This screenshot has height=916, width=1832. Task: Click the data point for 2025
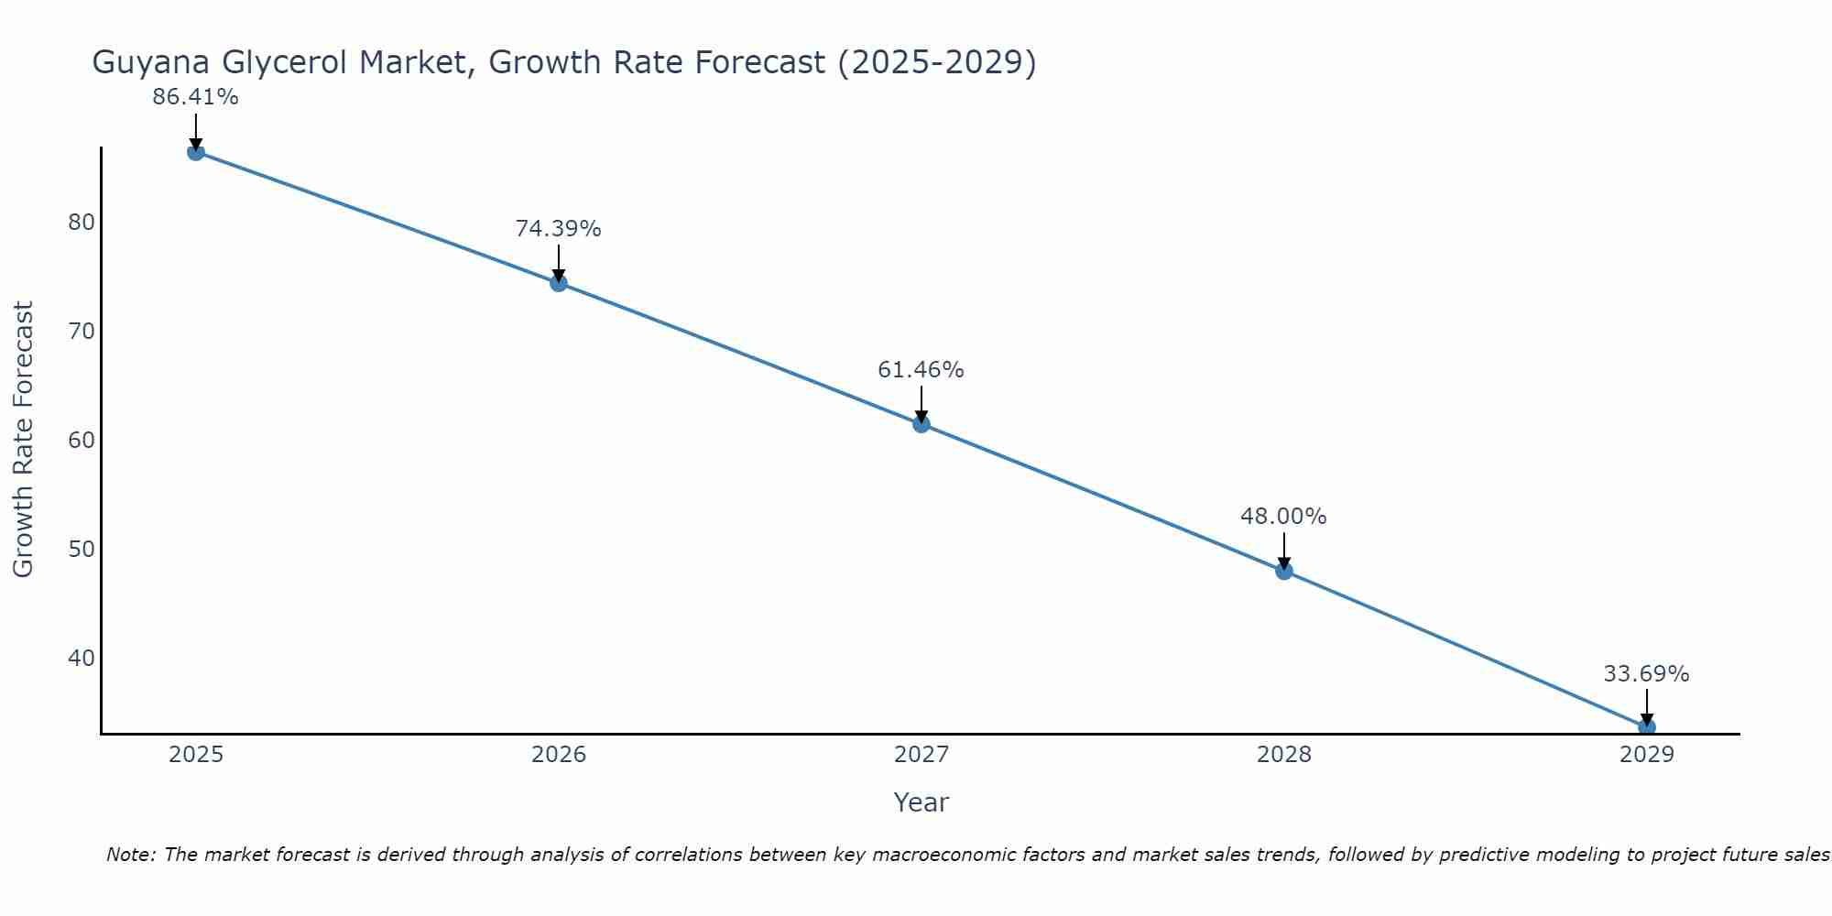coord(196,152)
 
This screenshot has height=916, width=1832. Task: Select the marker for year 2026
coord(559,283)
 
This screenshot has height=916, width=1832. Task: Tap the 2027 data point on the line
coord(921,424)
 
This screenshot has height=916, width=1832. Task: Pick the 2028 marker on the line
coord(1284,571)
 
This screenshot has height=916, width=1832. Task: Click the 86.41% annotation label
coord(195,97)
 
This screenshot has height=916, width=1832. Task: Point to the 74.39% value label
coord(558,229)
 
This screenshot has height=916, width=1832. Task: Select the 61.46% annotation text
coord(921,370)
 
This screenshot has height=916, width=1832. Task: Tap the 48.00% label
coord(1283,517)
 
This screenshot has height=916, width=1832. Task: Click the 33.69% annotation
coord(1646,674)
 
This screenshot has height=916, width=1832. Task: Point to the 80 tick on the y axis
coord(82,223)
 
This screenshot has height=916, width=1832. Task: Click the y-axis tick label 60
coord(82,441)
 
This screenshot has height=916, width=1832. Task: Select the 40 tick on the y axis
coord(82,659)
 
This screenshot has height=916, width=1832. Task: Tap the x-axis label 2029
coord(1646,755)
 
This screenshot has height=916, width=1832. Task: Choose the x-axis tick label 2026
coord(559,755)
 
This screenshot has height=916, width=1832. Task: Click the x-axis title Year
coord(921,802)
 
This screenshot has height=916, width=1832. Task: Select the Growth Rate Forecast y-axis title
coord(23,440)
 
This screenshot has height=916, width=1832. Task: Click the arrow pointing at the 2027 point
coord(921,403)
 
